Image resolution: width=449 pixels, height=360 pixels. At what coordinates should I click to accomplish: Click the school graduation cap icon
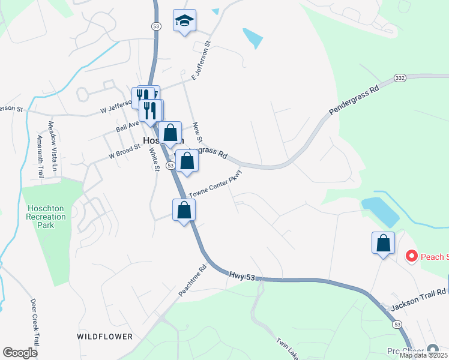click(184, 21)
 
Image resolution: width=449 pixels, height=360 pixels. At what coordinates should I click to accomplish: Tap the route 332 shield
click(400, 78)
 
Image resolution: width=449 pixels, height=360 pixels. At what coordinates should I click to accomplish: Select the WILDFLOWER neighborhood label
click(104, 337)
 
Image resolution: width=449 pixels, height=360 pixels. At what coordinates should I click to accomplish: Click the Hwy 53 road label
click(246, 276)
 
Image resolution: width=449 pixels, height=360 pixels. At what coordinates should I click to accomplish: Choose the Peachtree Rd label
click(192, 281)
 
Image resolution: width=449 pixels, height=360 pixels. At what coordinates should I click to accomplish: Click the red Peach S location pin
click(412, 257)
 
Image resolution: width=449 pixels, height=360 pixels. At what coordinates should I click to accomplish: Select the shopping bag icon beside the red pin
click(383, 243)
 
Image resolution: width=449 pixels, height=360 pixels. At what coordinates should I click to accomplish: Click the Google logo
click(20, 353)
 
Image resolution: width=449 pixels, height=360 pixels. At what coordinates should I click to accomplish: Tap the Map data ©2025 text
click(423, 355)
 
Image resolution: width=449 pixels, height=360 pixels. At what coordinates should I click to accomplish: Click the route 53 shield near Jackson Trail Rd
click(397, 324)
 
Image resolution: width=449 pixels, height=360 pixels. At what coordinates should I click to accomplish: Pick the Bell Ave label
click(127, 126)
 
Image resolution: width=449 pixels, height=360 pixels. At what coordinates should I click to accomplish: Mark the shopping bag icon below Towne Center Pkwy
click(184, 210)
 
